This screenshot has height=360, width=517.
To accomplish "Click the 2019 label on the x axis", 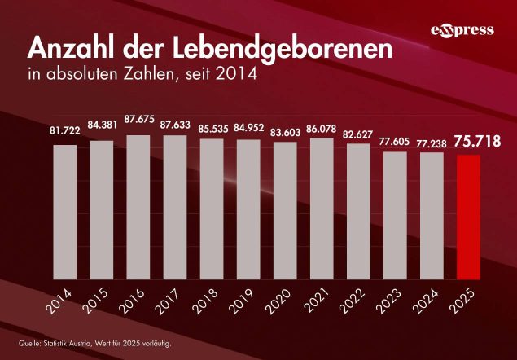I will pyautogui.click(x=248, y=303).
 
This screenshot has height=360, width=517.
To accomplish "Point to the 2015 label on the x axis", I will pyautogui.click(x=100, y=303).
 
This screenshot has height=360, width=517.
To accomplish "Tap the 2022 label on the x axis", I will pyautogui.click(x=357, y=303).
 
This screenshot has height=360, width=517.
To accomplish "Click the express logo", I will pyautogui.click(x=462, y=30).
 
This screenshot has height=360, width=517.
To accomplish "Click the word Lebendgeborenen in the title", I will pyautogui.click(x=268, y=49).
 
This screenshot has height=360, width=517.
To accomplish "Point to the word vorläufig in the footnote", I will pyautogui.click(x=156, y=342).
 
